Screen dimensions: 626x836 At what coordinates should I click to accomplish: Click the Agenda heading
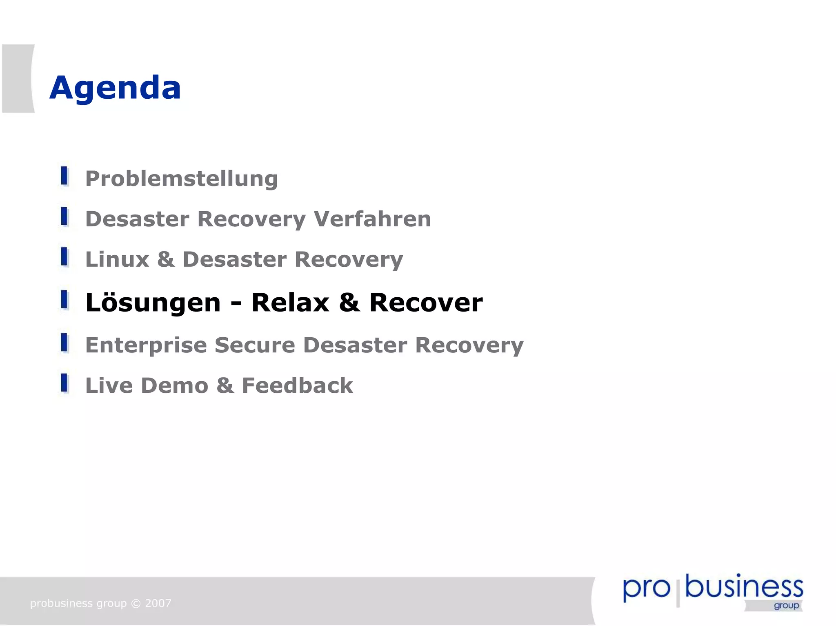[x=115, y=88]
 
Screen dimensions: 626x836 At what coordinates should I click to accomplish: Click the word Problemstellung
[x=181, y=179]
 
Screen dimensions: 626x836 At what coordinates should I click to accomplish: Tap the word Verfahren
[x=372, y=219]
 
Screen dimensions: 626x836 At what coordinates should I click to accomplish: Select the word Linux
[x=117, y=259]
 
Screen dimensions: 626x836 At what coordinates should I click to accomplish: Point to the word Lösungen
[x=153, y=303]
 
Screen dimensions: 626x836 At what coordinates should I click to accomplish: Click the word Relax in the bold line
[x=290, y=303]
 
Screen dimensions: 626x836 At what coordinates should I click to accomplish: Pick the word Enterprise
[x=146, y=345]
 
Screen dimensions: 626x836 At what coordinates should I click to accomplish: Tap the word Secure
[x=255, y=345]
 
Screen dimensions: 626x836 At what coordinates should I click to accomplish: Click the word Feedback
[x=297, y=385]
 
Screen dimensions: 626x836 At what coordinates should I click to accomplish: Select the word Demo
[x=174, y=385]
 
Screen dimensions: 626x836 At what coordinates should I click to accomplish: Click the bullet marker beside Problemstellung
[x=64, y=176]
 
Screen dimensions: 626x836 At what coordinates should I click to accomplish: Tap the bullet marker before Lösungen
[x=64, y=300]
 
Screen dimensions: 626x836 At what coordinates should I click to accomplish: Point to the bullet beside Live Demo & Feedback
[x=64, y=383]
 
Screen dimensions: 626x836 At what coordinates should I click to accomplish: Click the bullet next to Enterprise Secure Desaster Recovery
[x=64, y=343]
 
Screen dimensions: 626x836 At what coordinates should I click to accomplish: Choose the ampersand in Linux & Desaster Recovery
[x=166, y=259]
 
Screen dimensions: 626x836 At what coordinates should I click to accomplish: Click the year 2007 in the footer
[x=158, y=603]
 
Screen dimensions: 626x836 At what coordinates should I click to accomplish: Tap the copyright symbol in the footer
[x=136, y=604]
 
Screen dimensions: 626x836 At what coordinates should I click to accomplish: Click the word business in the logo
[x=744, y=587]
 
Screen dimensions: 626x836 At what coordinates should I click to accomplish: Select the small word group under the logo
[x=786, y=606]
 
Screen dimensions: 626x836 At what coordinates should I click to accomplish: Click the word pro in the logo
[x=646, y=589]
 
